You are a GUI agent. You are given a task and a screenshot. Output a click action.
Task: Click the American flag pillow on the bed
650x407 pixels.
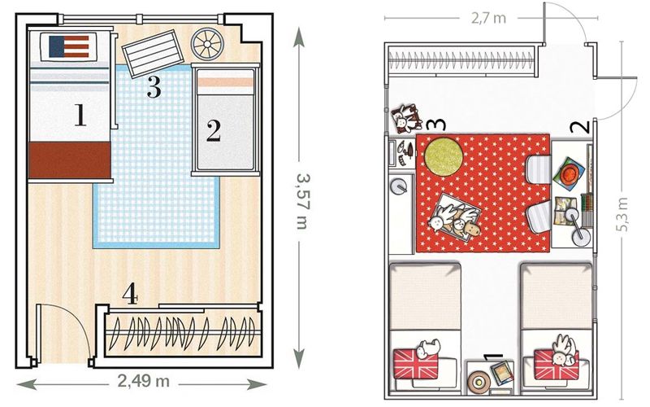(x=69, y=46)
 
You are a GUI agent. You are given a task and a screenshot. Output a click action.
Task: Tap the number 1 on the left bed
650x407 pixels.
(x=80, y=115)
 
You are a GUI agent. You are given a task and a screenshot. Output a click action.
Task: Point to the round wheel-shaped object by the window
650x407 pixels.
(x=207, y=44)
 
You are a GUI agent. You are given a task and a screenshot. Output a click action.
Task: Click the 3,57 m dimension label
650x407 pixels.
(x=303, y=201)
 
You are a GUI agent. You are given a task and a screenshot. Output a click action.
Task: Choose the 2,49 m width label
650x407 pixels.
(x=144, y=380)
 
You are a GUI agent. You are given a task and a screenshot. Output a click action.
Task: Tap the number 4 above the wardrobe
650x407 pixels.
(x=130, y=293)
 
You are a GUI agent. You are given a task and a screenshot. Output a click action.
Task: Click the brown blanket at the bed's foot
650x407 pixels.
(x=70, y=160)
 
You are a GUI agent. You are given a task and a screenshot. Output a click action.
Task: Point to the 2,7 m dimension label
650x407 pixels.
(x=488, y=18)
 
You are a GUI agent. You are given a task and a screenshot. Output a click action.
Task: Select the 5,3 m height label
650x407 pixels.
(x=623, y=214)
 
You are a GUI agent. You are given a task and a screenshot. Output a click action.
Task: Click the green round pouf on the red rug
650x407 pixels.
(x=443, y=156)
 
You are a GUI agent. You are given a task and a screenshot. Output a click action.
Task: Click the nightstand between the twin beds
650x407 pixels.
(x=490, y=377)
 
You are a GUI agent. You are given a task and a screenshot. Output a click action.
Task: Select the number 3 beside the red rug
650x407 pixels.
(x=436, y=125)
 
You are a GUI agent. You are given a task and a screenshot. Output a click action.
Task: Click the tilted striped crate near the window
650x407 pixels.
(x=153, y=53)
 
